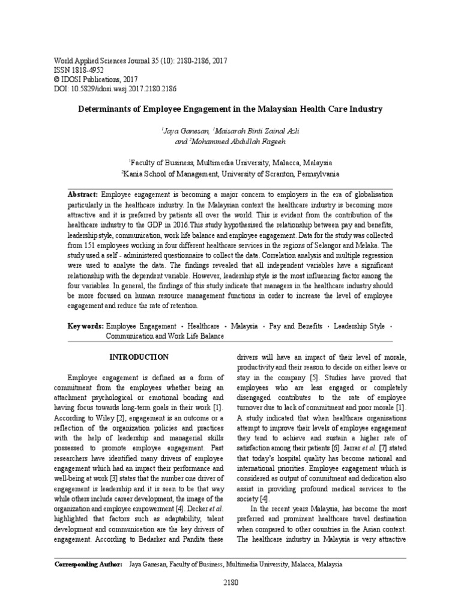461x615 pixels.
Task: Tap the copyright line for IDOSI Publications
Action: point(96,79)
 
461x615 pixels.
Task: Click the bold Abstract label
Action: point(83,195)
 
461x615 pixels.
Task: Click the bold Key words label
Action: point(85,326)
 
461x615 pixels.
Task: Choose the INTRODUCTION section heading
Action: point(139,357)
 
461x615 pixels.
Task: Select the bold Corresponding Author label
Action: point(88,565)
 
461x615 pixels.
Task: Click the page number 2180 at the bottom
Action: point(230,582)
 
